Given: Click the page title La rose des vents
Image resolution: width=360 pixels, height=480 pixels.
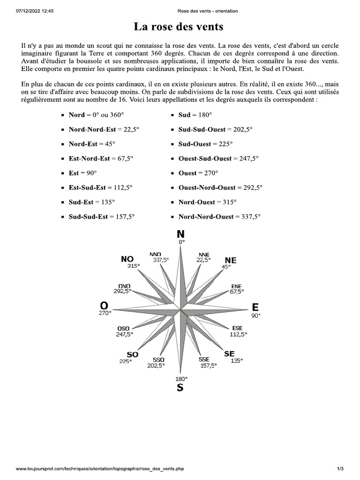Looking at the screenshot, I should [x=179, y=27].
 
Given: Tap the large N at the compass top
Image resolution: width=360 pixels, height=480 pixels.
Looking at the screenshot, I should [x=180, y=234].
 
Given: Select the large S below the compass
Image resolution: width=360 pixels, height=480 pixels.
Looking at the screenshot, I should [x=180, y=388].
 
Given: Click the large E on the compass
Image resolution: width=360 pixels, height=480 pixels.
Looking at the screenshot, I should [x=255, y=307].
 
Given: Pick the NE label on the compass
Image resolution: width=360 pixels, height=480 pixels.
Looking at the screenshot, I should [x=231, y=260].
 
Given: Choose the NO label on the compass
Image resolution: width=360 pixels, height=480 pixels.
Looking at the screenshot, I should [x=127, y=259].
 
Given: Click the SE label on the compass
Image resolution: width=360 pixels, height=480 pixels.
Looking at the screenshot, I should [x=230, y=353].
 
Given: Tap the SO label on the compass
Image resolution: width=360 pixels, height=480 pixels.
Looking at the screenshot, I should [x=132, y=354].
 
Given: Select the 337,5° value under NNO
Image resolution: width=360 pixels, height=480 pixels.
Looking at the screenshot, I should [x=161, y=259].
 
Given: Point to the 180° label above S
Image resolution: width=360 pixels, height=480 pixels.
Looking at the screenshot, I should [x=181, y=378].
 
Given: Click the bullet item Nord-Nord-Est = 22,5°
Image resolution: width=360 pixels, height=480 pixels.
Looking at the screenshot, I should [x=101, y=129].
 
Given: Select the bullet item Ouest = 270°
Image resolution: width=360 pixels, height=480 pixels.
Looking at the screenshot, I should [x=198, y=173].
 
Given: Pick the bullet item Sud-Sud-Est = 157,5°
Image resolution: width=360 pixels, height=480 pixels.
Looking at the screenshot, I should [x=102, y=217].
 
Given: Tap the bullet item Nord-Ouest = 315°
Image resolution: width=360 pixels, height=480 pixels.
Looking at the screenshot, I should [x=207, y=202].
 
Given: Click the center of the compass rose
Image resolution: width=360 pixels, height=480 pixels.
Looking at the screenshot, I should [x=180, y=310].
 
